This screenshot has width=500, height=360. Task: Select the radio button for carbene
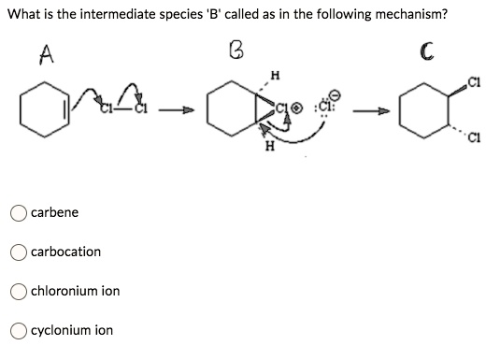click(x=19, y=212)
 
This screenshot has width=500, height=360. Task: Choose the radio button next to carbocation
click(x=19, y=252)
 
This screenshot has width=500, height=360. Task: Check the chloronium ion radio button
click(x=19, y=291)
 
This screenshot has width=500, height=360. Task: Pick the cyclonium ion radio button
click(x=19, y=330)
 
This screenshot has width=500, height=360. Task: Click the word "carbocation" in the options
click(x=65, y=252)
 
